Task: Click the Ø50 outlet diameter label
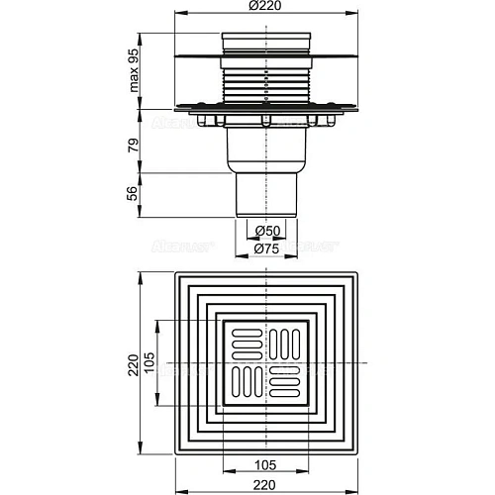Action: click(x=264, y=232)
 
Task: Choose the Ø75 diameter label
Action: click(x=264, y=247)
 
